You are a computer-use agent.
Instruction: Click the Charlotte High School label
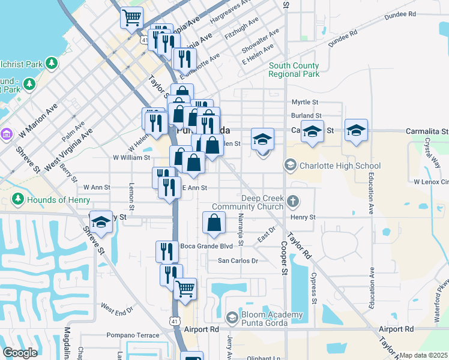(x=340, y=166)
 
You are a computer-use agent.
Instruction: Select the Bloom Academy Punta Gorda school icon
(x=232, y=316)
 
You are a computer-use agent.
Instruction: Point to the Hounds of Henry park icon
(x=18, y=199)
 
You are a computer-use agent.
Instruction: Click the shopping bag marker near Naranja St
(x=214, y=223)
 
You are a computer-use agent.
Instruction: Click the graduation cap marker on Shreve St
(x=101, y=222)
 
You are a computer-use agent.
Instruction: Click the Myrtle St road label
(x=304, y=103)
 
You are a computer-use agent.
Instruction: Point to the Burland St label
(x=306, y=115)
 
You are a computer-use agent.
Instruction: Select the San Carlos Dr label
(x=237, y=261)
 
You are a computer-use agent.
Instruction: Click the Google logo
(x=20, y=353)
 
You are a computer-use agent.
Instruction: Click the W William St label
(x=131, y=158)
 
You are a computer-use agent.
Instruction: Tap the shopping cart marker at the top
(x=131, y=17)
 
